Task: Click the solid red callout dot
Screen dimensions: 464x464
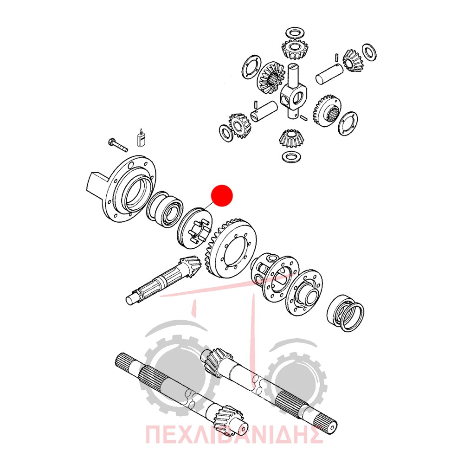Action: [x=222, y=196]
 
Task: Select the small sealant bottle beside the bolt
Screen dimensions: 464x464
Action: [x=141, y=138]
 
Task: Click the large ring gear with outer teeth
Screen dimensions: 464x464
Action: [x=231, y=248]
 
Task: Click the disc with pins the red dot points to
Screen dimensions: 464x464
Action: [x=195, y=228]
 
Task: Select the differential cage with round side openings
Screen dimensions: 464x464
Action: [x=275, y=276]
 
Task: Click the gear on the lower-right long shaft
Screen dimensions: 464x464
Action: [x=215, y=362]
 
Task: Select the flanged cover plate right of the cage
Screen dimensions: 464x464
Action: [x=304, y=292]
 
